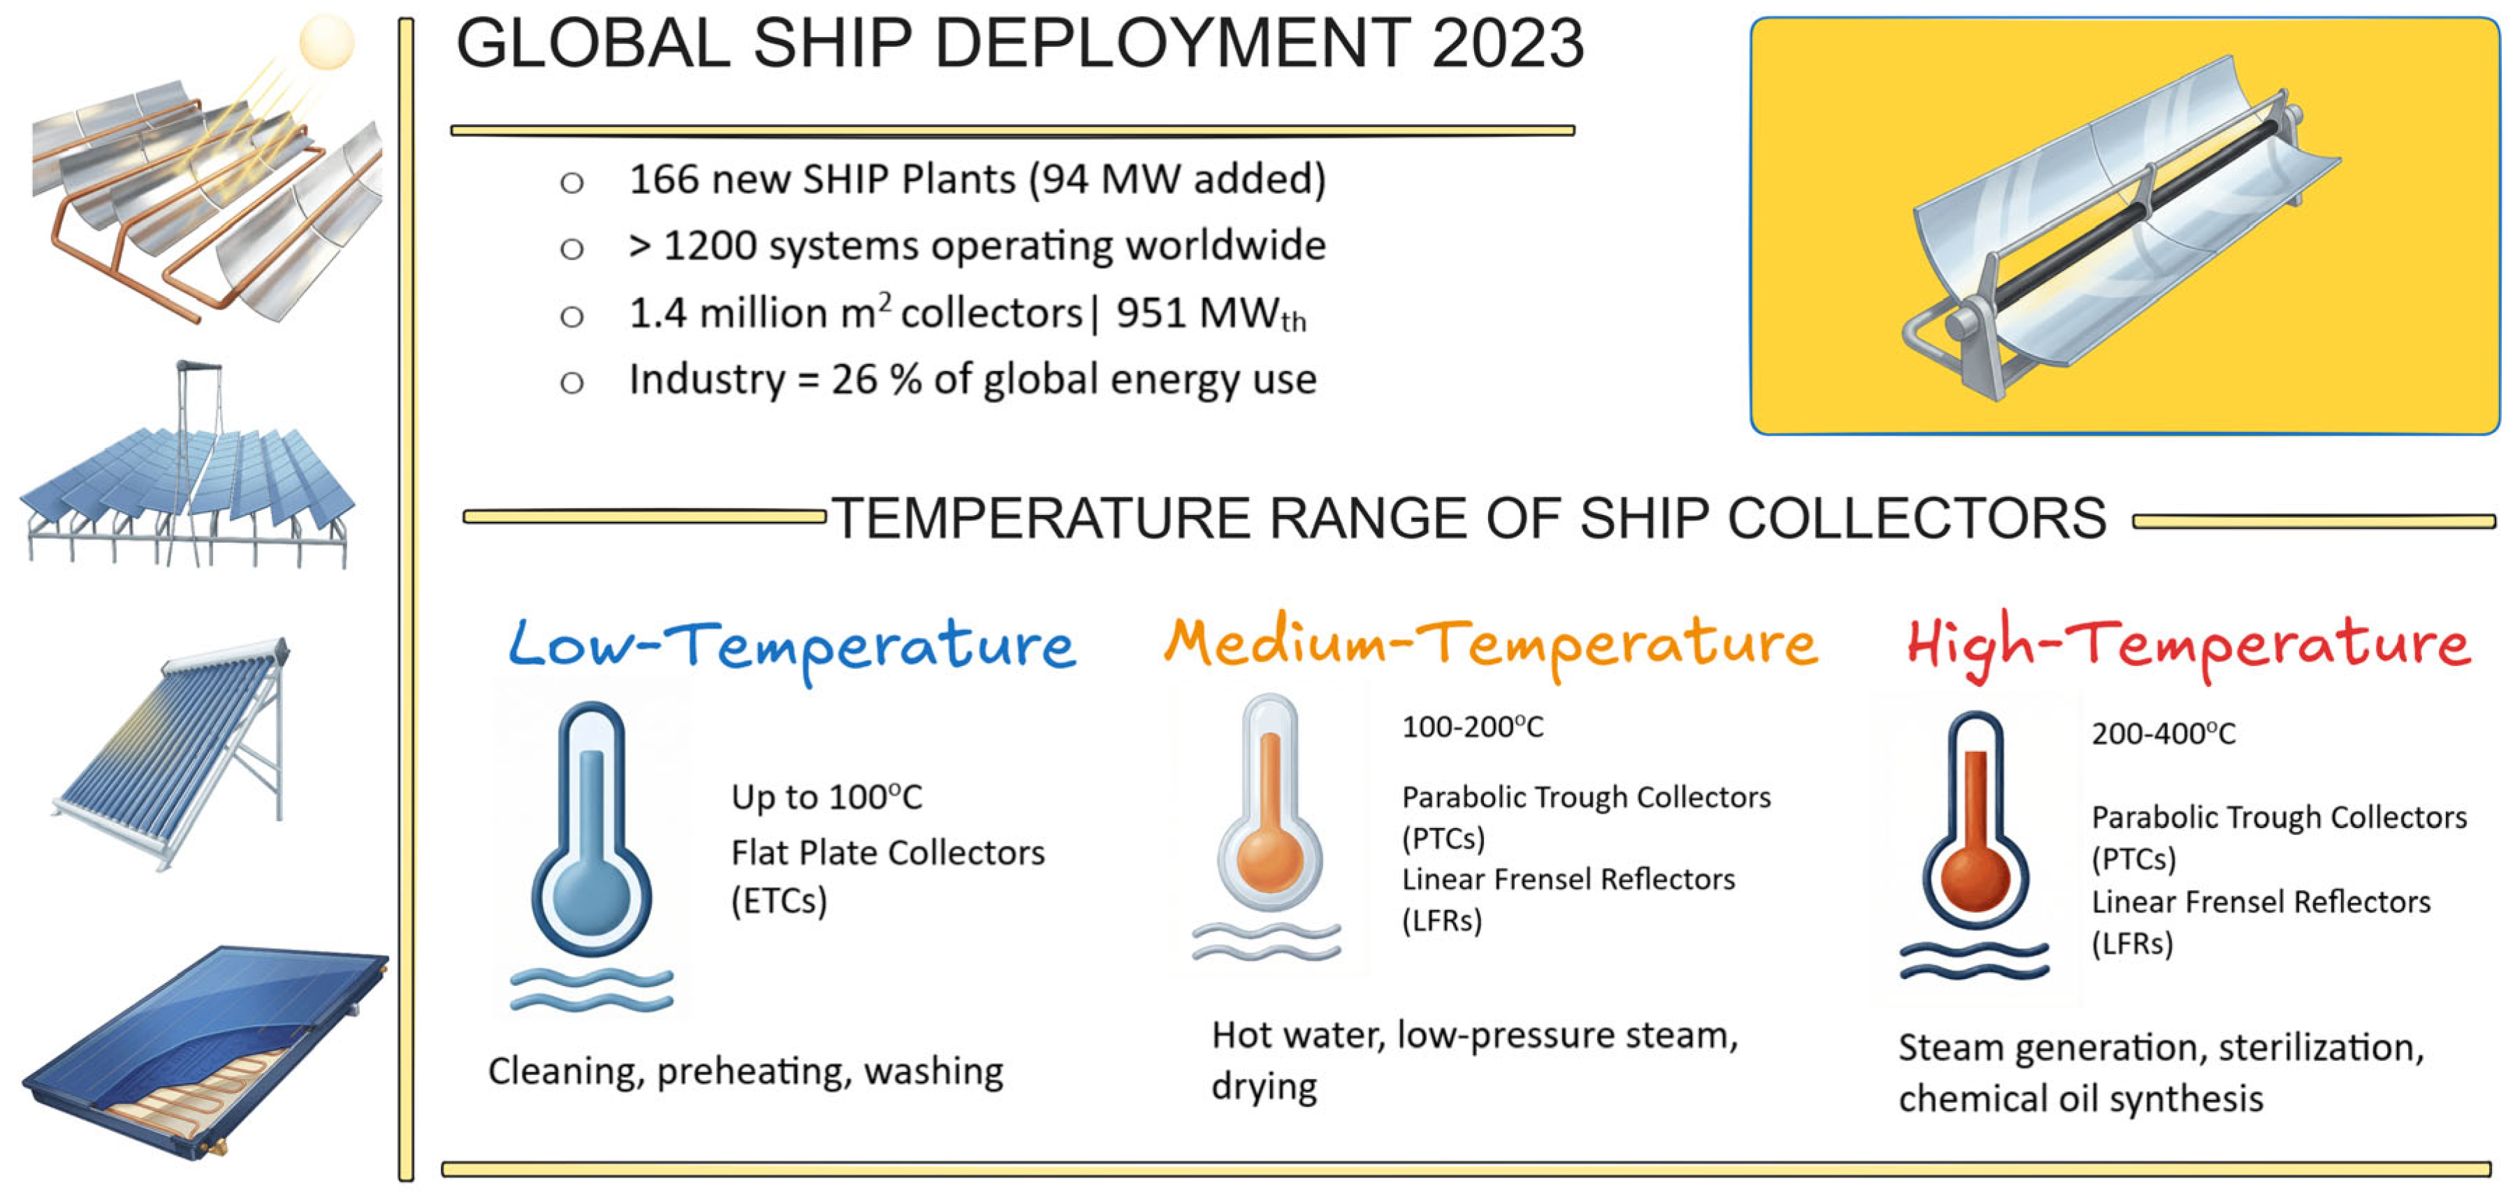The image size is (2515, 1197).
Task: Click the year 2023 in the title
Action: [x=1508, y=44]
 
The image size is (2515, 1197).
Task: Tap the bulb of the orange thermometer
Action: [x=1269, y=859]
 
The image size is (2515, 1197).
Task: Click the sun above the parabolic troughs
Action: [x=326, y=42]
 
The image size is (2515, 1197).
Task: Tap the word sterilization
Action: [x=2321, y=1049]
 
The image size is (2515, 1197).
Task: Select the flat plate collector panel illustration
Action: [x=205, y=1052]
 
